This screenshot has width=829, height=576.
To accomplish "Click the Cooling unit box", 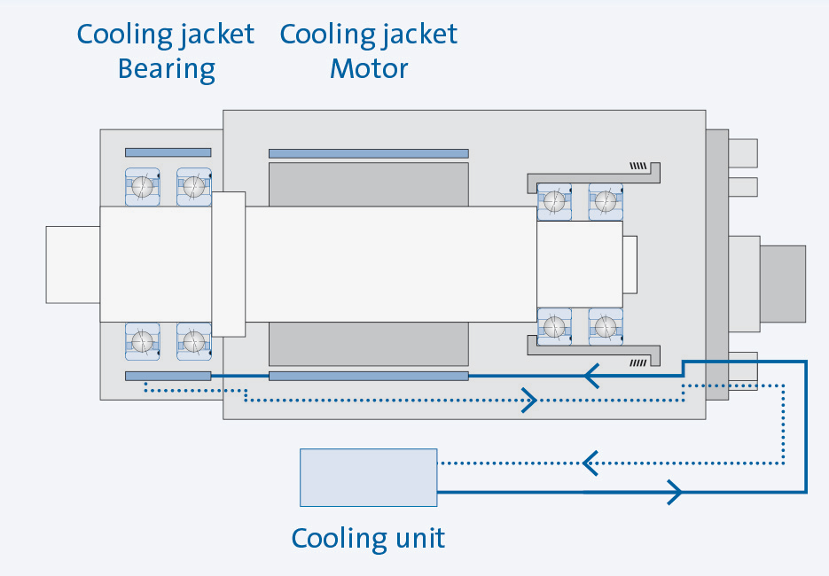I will pos(368,478).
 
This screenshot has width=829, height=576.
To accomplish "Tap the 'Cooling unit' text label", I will pos(368,538).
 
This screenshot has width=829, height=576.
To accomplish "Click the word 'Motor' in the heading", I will pos(369,68).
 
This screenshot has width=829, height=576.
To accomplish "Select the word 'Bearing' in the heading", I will pos(167,68).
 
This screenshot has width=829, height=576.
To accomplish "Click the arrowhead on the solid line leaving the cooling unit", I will pos(674,490).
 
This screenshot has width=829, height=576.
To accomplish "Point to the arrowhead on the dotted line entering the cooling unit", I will pos(590,462).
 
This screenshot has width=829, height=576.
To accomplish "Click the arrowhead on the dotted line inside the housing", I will pos(529,401).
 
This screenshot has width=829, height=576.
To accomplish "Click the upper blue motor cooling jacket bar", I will pos(368,153).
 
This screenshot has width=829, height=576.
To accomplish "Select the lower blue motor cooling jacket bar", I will pos(368,376).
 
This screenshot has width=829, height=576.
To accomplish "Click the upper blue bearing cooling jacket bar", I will pos(168,152).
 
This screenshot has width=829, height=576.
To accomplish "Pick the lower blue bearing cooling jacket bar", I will pos(168,376).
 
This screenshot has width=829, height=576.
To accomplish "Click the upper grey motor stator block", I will pos(368,183).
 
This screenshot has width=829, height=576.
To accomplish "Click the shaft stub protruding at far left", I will pos(73,263).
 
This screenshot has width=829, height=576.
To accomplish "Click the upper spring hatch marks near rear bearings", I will pos(637,166).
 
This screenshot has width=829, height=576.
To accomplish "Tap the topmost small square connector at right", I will pos(743,153).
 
